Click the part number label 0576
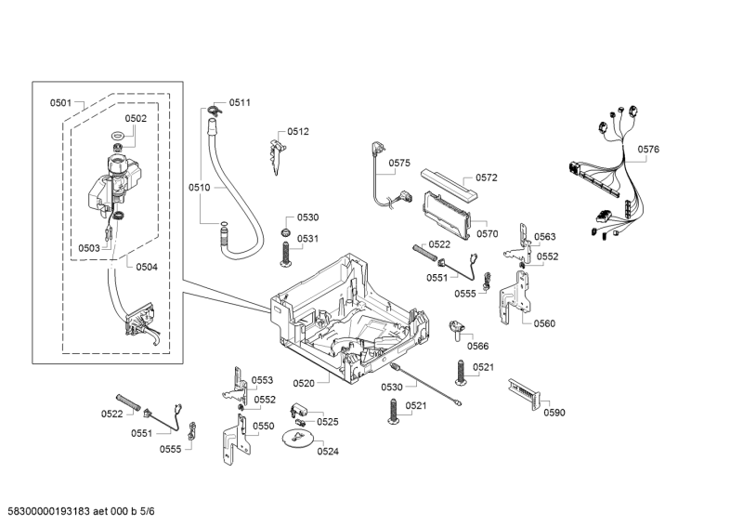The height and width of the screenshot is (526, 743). pos(648,149)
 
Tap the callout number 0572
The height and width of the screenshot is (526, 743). pos(487,178)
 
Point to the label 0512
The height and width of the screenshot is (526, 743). pos(298,132)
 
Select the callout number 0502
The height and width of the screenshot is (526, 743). pos(136,118)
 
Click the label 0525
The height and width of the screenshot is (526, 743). pos(327,421)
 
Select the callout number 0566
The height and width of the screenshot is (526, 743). pos(477,346)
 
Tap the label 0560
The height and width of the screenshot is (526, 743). pos(544,323)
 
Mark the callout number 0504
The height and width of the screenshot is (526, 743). pos(147,267)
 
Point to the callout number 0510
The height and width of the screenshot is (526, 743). pos(200,187)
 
